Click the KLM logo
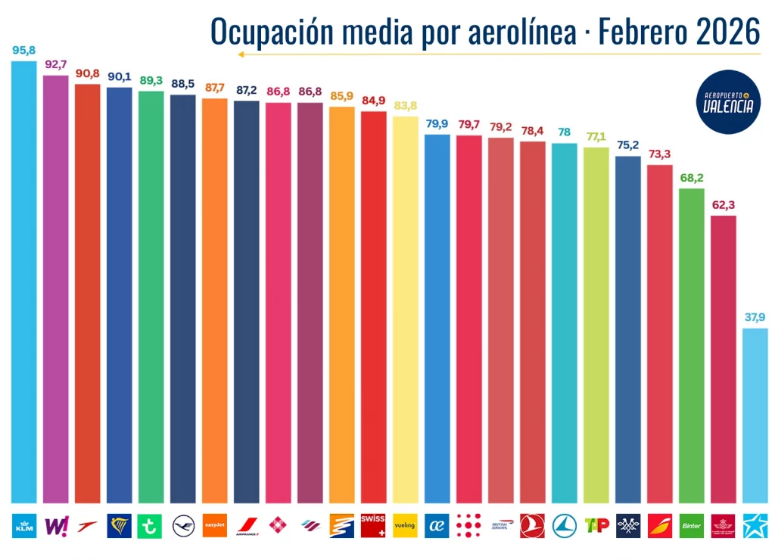pyautogui.click(x=23, y=525)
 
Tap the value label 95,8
pyautogui.click(x=23, y=51)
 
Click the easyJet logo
pyautogui.click(x=214, y=525)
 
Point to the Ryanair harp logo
pyautogui.click(x=119, y=525)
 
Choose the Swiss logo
pyautogui.click(x=373, y=525)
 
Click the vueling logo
pyautogui.click(x=405, y=525)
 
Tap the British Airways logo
pyautogui.click(x=500, y=525)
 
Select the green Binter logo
pyautogui.click(x=691, y=525)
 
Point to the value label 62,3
pyautogui.click(x=724, y=204)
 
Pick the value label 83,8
pyautogui.click(x=405, y=105)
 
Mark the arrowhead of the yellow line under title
pyautogui.click(x=239, y=54)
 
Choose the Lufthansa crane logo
pyautogui.click(x=182, y=525)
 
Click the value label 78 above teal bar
pyautogui.click(x=564, y=132)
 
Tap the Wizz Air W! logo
pyautogui.click(x=55, y=525)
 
